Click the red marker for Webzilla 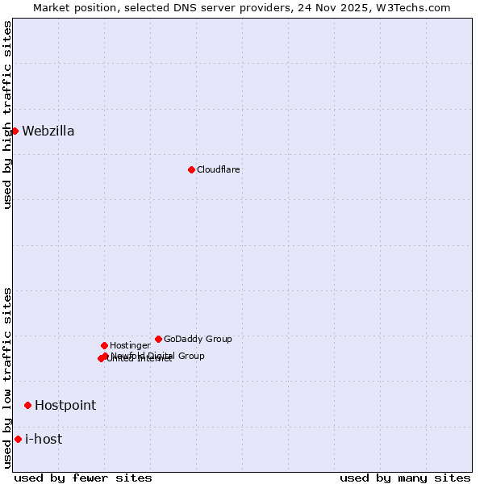(x=15, y=131)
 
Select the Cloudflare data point (x=191, y=169)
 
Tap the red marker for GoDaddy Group (x=158, y=339)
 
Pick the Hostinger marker (x=104, y=345)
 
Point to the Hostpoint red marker (x=27, y=405)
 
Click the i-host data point (x=18, y=439)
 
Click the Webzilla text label (x=48, y=131)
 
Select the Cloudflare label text (x=218, y=169)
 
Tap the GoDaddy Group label (x=198, y=339)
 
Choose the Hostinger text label (x=130, y=345)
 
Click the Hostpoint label (x=65, y=406)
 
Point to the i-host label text (x=44, y=440)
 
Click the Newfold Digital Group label (x=158, y=356)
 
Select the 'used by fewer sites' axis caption (x=83, y=478)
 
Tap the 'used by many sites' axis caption (x=405, y=478)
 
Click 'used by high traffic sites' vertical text (x=8, y=115)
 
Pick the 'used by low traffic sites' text (x=8, y=378)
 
